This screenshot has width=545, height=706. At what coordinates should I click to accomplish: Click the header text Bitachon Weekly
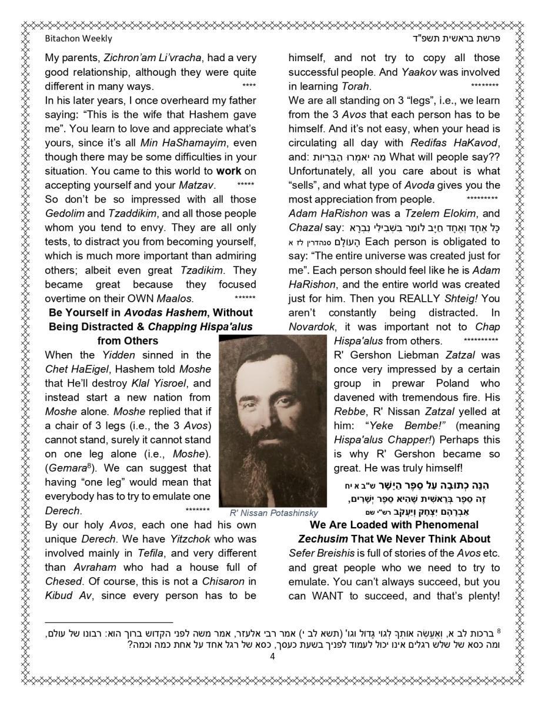[x=78, y=39]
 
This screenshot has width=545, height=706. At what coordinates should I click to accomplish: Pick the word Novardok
[x=312, y=327]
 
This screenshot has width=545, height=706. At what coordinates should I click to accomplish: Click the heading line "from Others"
[x=128, y=341]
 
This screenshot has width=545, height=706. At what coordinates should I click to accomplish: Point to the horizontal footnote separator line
[x=109, y=622]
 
